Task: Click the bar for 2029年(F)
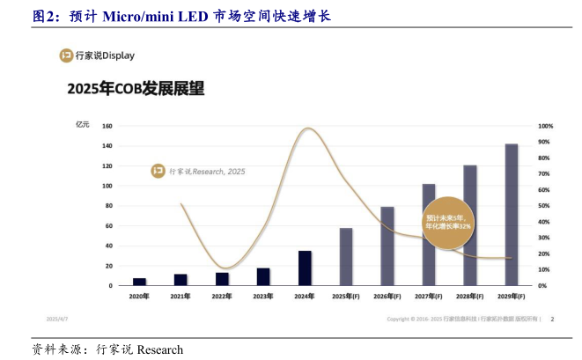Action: [x=511, y=215]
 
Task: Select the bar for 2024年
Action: [x=305, y=268]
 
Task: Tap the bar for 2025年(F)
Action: [x=346, y=257]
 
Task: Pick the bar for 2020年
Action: [x=139, y=282]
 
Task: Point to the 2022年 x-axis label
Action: [x=222, y=296]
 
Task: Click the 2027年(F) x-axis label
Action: [x=429, y=296]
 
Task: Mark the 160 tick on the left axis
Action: [x=107, y=126]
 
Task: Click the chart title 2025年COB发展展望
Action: [x=136, y=89]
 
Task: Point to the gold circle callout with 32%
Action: [x=448, y=221]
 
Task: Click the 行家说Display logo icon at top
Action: [x=65, y=55]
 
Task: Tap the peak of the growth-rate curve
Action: [x=306, y=129]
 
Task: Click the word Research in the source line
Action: [x=159, y=349]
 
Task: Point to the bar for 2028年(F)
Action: [x=470, y=225]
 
